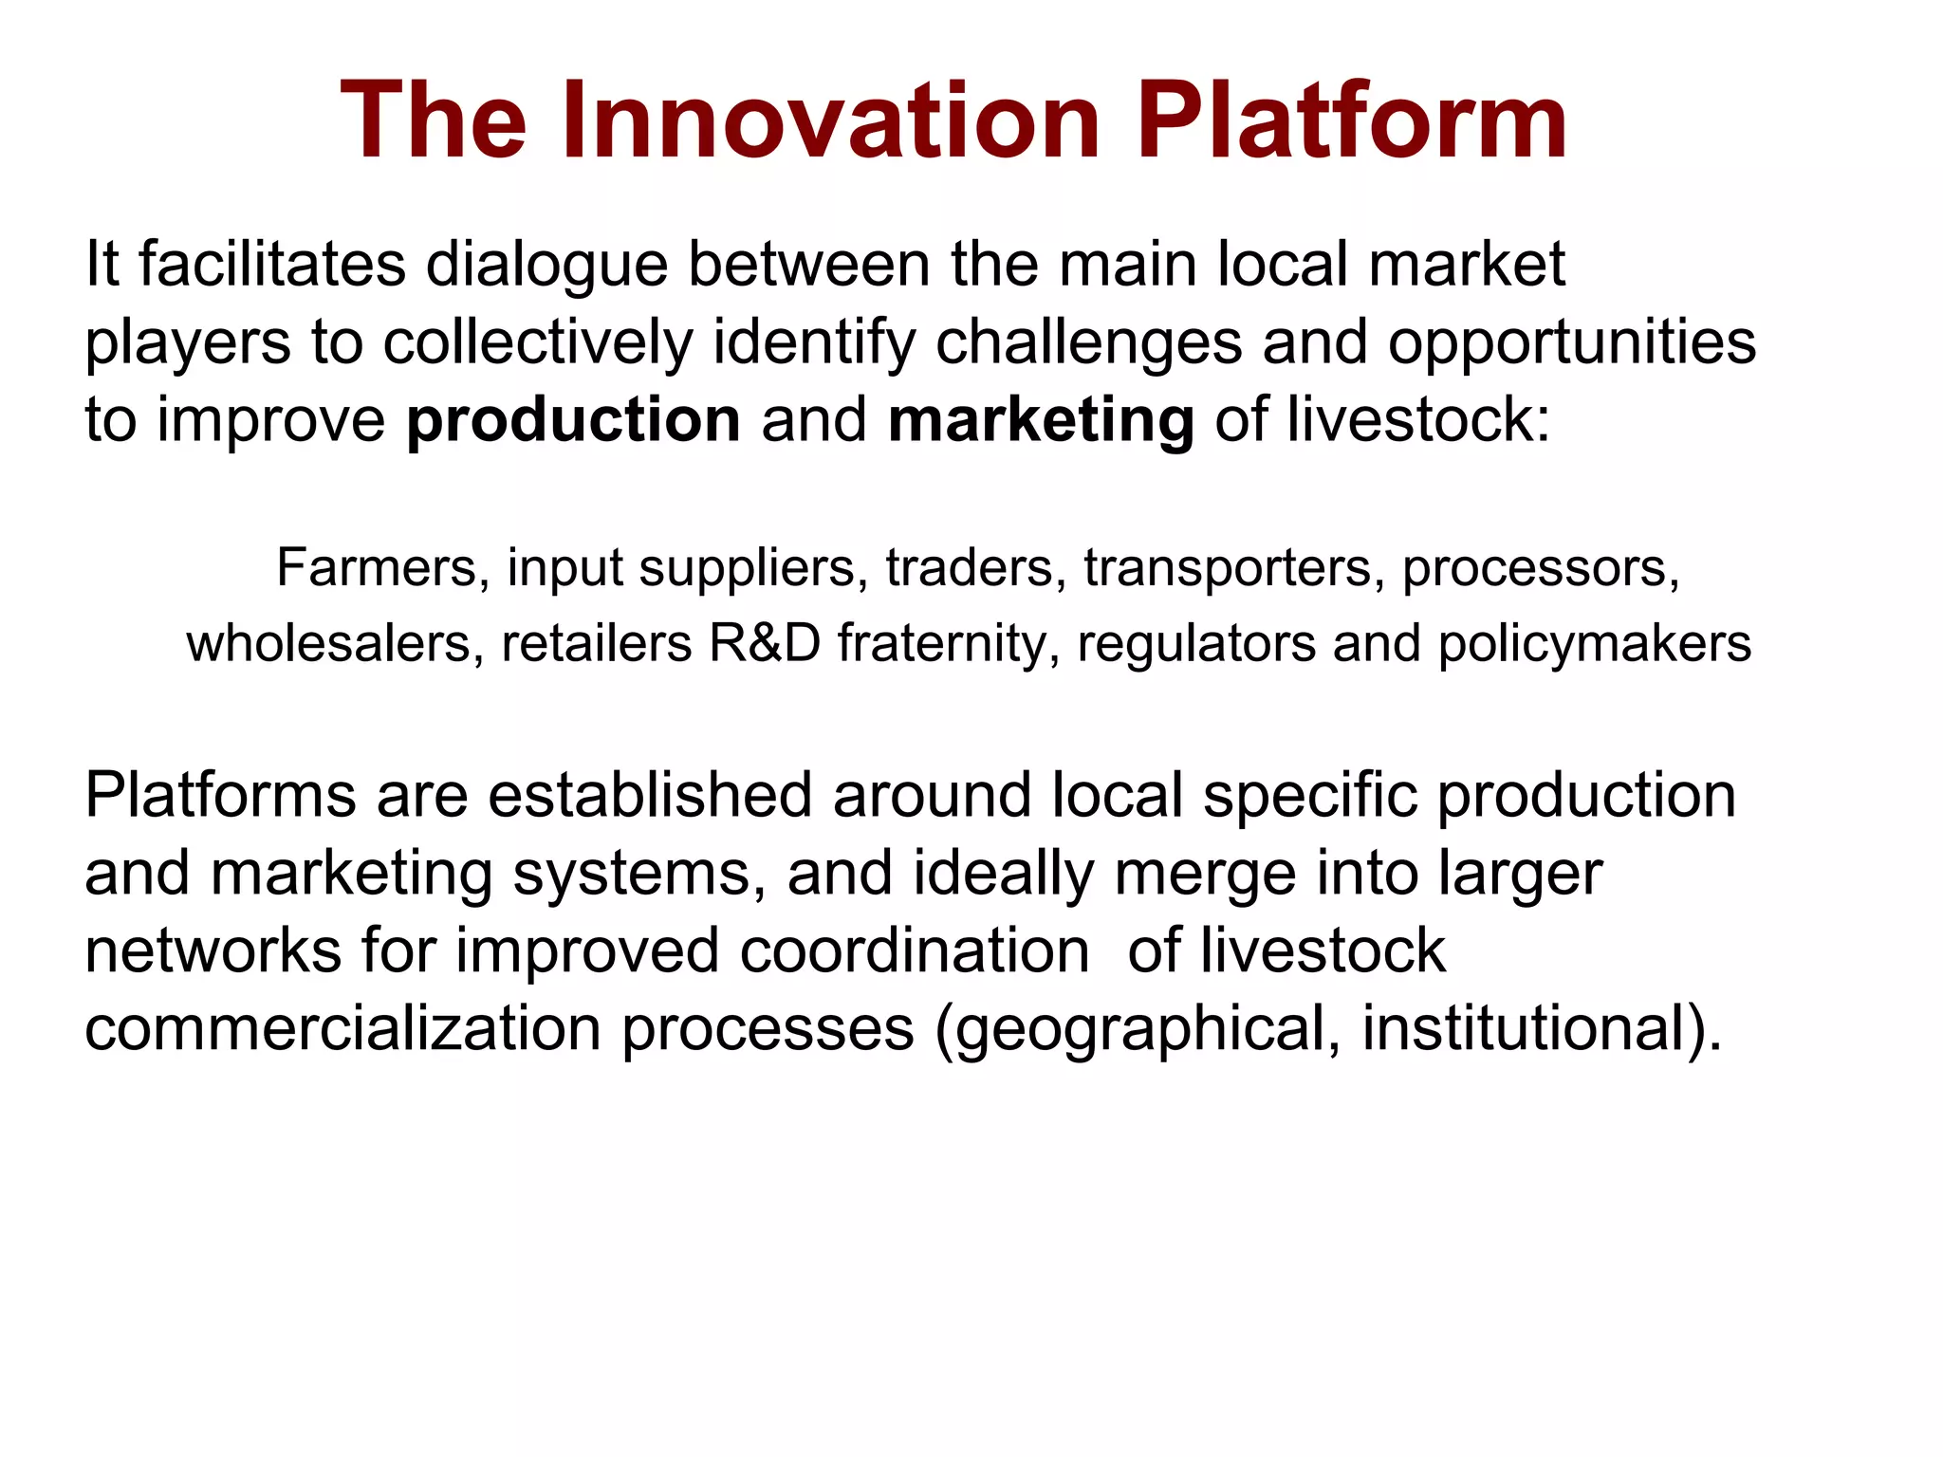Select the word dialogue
tap(547, 266)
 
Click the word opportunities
tap(1572, 342)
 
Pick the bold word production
tap(573, 420)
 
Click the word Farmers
tap(377, 568)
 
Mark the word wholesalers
tap(328, 643)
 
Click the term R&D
tap(765, 643)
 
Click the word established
tap(650, 795)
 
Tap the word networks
tap(213, 950)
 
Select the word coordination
tap(915, 950)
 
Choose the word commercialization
tap(342, 1028)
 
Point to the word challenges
tap(1088, 342)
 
